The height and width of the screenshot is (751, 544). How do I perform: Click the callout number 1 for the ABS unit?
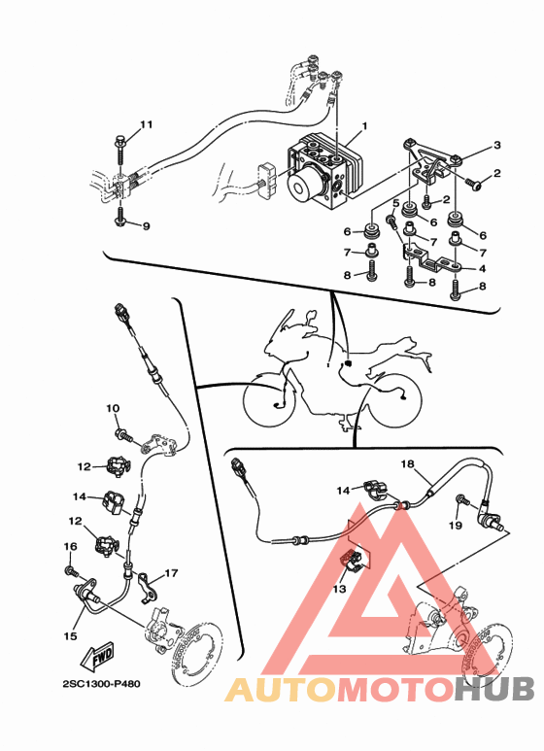coord(364,126)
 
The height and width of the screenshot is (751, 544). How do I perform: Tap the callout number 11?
coord(146,125)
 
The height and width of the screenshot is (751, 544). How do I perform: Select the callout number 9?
coord(146,226)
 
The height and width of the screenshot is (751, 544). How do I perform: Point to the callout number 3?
coord(497,145)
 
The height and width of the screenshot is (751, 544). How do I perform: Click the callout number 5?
coord(395,203)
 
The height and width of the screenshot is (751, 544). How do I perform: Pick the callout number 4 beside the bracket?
coord(482,269)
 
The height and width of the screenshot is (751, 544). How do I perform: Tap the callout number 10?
coord(113,409)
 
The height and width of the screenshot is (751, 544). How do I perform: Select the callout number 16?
coord(70,546)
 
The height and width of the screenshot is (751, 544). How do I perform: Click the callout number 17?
coord(171,573)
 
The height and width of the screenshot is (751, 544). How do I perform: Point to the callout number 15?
coord(70,636)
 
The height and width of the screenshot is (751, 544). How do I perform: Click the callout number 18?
coord(408,464)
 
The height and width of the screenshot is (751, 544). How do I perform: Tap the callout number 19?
coord(456,526)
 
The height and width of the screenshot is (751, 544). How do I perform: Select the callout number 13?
coord(339,589)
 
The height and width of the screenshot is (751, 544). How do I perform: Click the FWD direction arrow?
coord(98,656)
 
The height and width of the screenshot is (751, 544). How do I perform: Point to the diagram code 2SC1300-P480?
coord(102,684)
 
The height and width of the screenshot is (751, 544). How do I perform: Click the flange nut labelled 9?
coord(119,222)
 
